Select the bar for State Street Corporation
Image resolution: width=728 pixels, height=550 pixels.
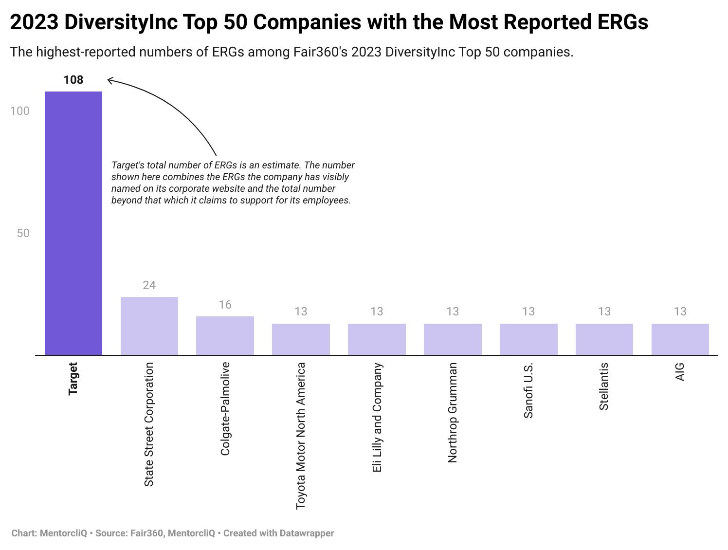click(149, 326)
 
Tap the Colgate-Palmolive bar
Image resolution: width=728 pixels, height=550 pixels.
click(225, 335)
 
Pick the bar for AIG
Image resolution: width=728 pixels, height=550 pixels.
click(680, 339)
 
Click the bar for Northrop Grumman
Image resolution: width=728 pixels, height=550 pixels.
click(453, 339)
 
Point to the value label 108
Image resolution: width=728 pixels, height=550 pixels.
click(73, 80)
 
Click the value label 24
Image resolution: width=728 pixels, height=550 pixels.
click(149, 285)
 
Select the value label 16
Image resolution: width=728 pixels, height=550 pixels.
click(225, 305)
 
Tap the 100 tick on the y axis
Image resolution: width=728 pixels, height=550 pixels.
click(20, 111)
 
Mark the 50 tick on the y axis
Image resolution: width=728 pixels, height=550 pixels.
click(23, 233)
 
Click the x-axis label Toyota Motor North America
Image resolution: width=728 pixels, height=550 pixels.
click(301, 436)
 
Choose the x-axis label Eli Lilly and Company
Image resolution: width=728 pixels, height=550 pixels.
click(377, 417)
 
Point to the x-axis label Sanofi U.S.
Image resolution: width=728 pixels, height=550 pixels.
click(528, 390)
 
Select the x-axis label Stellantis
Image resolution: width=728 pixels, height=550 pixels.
click(604, 386)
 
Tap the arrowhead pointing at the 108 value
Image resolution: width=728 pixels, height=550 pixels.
click(109, 80)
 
